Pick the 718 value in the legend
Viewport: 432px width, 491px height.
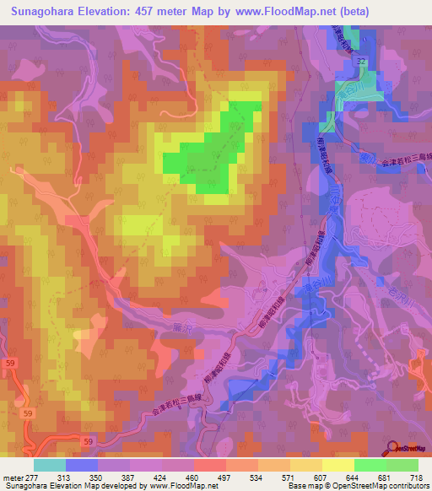[x=416, y=477]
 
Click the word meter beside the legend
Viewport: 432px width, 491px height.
[x=12, y=477]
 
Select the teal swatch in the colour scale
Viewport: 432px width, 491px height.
[x=50, y=465]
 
